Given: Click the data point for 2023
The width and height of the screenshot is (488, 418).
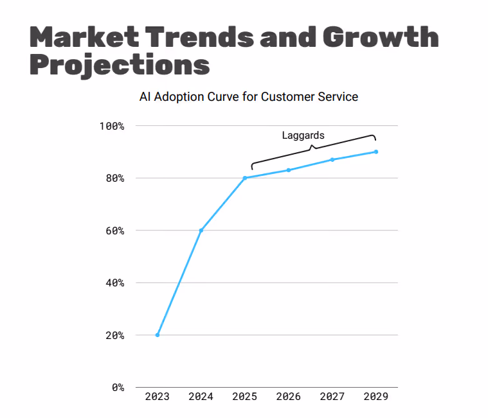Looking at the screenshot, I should pos(158,335).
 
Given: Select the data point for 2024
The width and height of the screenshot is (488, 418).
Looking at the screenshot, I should pos(201,230).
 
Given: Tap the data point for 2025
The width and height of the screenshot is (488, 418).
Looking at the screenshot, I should pos(245,178).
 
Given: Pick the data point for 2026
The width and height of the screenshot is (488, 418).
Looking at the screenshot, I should pos(289,170).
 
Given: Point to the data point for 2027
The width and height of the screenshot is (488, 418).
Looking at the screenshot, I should pos(332,159).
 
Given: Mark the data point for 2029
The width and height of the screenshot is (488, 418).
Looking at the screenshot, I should pos(376,152).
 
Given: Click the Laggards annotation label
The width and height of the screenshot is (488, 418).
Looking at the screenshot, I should pos(303,135).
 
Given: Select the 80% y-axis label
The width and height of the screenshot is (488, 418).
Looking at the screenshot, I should pos(114,178).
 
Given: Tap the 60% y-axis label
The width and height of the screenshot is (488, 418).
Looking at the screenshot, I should pos(114,231).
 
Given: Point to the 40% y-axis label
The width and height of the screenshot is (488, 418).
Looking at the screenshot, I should pos(114,283).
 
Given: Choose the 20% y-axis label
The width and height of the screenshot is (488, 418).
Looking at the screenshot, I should pos(114,335).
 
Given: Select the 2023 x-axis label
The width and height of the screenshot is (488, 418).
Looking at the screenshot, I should pos(158,397).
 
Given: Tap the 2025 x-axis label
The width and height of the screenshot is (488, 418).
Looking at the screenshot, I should pos(245,397).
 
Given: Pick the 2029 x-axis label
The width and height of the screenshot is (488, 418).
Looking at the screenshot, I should pos(376,397).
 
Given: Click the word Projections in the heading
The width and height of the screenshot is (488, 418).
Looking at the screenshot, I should pos(120,65).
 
